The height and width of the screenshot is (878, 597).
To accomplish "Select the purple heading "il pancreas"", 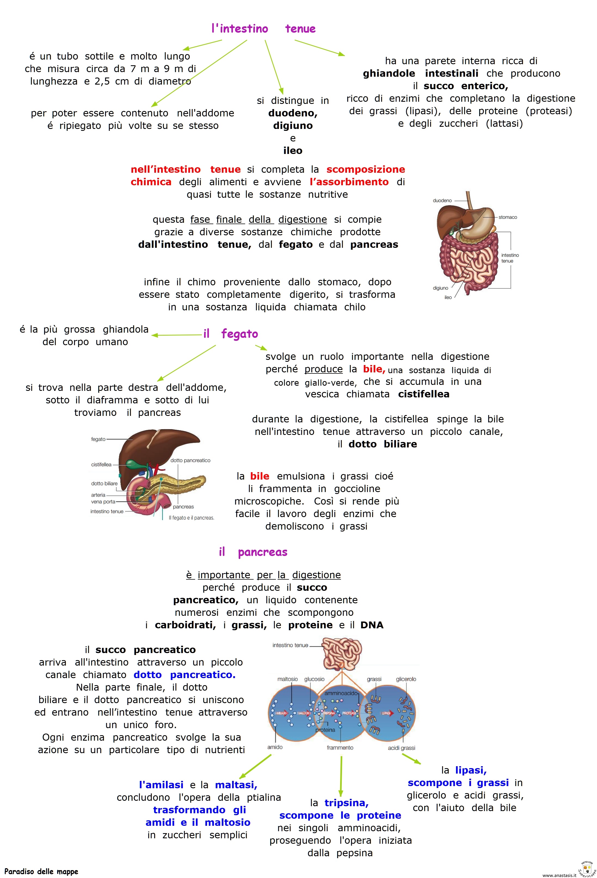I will coord(253,552).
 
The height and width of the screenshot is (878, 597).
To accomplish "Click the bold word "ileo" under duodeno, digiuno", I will coord(293,151).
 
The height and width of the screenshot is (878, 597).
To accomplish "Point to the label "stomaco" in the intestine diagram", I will coord(507,217).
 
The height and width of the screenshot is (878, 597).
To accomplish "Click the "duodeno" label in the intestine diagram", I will coord(442,201).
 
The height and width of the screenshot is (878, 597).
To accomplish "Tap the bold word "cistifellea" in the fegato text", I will coord(424,394).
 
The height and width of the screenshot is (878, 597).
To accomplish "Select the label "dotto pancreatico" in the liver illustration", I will coord(190,460).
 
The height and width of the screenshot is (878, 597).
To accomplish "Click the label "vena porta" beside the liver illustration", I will coord(103,502).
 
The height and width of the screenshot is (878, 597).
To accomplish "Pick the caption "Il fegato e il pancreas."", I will coord(191,518).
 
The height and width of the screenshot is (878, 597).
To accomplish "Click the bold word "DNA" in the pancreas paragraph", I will coord(372,625).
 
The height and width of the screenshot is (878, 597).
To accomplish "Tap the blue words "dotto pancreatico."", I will coord(184,675).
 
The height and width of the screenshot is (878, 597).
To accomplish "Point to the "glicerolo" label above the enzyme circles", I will coord(406,679).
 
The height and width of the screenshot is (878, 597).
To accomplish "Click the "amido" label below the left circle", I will coord(275,747).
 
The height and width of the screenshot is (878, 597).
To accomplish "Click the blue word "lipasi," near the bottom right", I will coord(471,770).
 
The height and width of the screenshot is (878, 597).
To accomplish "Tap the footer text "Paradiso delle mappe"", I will coord(41,871).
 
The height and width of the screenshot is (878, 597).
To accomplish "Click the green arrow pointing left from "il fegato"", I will coord(177,335).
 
